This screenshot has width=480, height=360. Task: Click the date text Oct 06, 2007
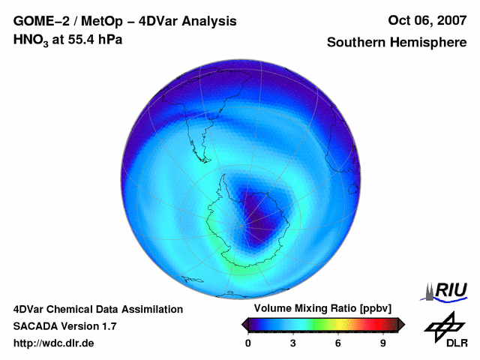tap(426, 21)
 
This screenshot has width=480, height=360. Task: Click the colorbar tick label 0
tap(248, 343)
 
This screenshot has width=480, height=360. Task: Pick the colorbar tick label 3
tap(293, 343)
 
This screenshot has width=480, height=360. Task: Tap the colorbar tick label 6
tap(338, 343)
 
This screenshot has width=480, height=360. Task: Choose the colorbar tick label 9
tap(382, 343)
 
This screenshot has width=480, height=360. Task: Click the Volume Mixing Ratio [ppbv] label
tap(319, 309)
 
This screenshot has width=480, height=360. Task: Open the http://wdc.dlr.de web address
tap(54, 343)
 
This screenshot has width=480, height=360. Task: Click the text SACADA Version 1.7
tap(64, 326)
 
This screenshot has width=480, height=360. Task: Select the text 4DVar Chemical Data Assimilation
tap(97, 309)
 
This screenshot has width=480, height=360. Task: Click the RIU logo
tap(447, 290)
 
